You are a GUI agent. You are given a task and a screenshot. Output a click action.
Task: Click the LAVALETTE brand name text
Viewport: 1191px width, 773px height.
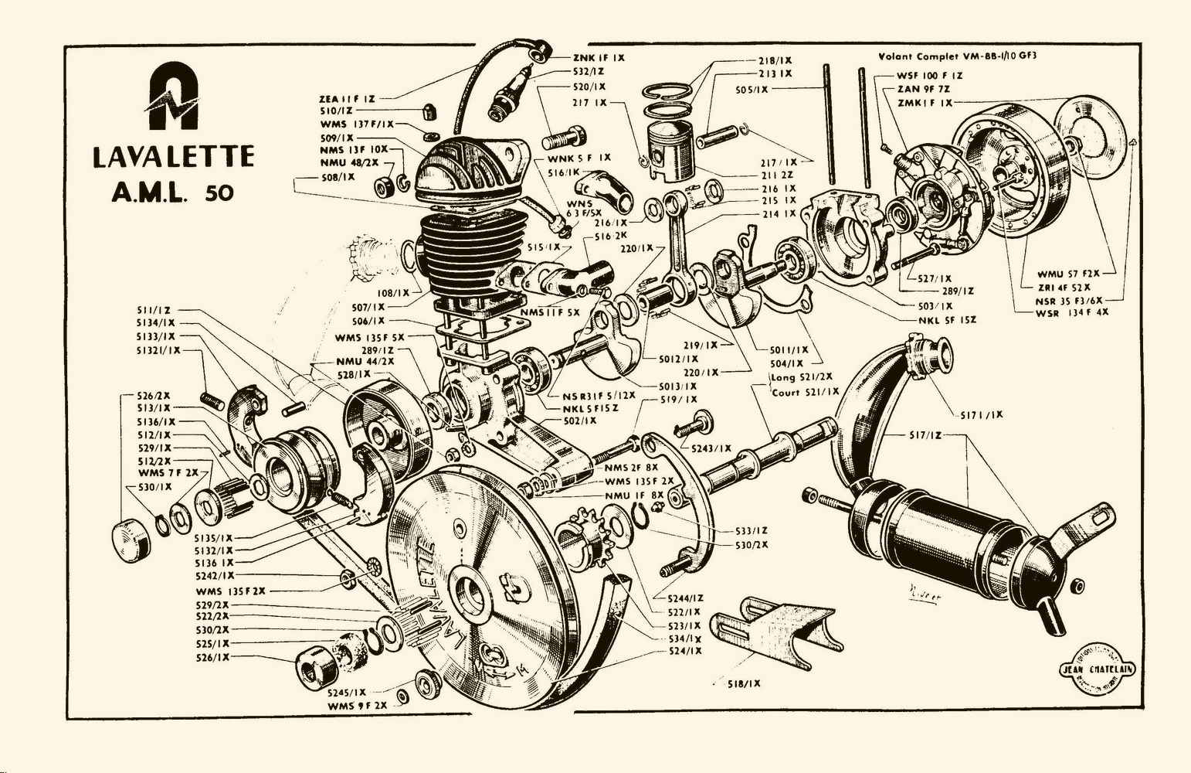[173, 157]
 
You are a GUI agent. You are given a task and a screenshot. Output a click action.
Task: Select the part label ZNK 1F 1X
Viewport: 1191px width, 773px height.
[599, 58]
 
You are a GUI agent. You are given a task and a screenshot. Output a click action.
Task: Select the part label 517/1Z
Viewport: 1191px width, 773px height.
[925, 435]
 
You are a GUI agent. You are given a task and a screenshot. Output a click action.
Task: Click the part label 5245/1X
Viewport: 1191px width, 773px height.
[347, 692]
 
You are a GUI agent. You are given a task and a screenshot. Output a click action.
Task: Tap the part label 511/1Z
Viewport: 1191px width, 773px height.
[154, 309]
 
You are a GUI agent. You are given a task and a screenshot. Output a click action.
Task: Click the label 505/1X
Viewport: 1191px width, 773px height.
[752, 90]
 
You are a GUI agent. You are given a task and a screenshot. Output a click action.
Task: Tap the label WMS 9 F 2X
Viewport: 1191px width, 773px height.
[357, 706]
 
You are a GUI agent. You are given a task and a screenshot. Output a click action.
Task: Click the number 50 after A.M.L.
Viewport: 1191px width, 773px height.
[219, 192]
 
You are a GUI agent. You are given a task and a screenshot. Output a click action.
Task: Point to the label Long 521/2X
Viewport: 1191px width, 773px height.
[803, 377]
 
